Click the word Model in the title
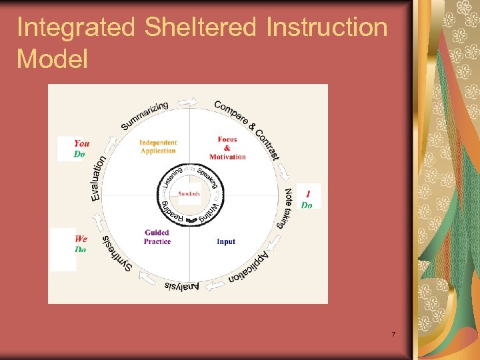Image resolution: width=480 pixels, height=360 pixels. point(53,59)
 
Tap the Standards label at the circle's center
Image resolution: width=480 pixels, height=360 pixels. point(189,194)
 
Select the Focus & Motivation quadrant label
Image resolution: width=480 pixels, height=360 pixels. point(227,148)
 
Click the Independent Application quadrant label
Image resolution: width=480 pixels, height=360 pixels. point(158,147)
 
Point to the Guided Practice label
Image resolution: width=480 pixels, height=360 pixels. point(157,237)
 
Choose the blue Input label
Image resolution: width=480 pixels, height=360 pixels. point(226,241)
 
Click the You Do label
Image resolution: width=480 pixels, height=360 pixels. point(81,148)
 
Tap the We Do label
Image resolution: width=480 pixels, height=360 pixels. point(81,243)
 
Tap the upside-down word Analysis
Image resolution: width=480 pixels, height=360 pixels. point(181,286)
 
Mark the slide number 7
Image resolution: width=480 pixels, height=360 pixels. point(393,334)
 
